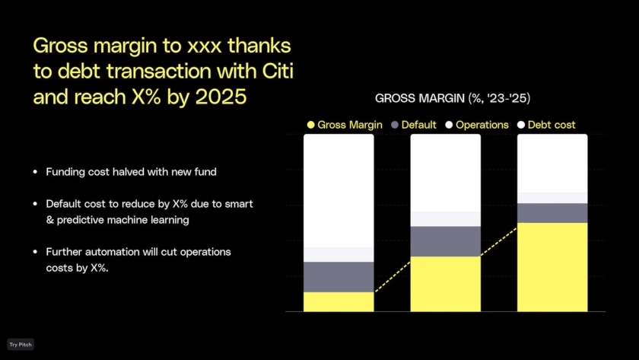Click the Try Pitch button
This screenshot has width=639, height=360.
pyautogui.click(x=21, y=345)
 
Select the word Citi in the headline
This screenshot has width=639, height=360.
pyautogui.click(x=278, y=71)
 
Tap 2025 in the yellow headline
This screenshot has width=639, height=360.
pyautogui.click(x=221, y=97)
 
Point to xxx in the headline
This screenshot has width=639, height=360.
pyautogui.click(x=204, y=46)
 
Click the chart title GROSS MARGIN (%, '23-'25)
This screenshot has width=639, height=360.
pyautogui.click(x=453, y=98)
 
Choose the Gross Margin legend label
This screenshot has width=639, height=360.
pyautogui.click(x=350, y=125)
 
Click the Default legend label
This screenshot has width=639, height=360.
pyautogui.click(x=418, y=125)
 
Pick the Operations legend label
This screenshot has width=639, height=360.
pyautogui.click(x=482, y=125)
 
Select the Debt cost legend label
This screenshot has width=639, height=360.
pyautogui.click(x=552, y=125)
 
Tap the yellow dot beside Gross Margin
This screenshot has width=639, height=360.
pyautogui.click(x=311, y=125)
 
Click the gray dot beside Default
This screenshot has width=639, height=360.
pyautogui.click(x=395, y=125)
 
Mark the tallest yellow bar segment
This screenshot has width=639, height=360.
pyautogui.click(x=552, y=267)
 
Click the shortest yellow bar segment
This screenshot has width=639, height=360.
pyautogui.click(x=339, y=301)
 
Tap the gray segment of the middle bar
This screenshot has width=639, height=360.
pyautogui.click(x=446, y=241)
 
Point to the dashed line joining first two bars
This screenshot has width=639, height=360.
pyautogui.click(x=393, y=277)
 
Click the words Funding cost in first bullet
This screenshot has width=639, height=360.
pyautogui.click(x=78, y=172)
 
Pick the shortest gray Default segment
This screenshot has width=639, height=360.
pyautogui.click(x=552, y=213)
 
